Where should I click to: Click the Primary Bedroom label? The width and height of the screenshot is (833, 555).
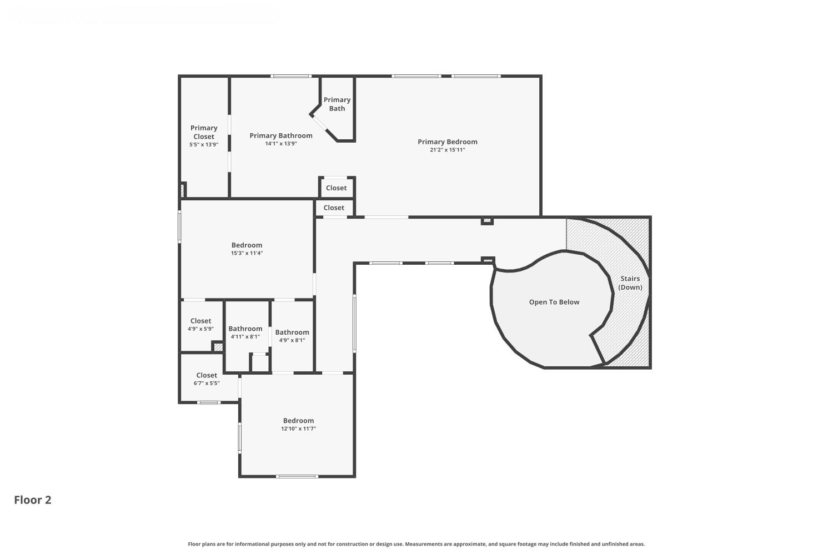(447, 142)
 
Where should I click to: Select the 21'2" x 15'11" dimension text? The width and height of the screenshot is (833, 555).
(447, 150)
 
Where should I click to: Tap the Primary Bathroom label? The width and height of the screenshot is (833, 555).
(280, 135)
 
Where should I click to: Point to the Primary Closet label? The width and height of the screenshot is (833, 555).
(204, 132)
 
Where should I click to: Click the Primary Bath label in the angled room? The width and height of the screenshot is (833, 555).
(337, 104)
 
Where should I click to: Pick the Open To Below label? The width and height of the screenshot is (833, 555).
(554, 302)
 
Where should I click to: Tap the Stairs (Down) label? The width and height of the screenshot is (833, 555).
(630, 283)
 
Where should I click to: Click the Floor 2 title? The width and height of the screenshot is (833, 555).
(33, 500)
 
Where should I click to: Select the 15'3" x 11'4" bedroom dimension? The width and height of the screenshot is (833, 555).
(247, 253)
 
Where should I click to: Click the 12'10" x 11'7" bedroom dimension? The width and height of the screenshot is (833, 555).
(298, 428)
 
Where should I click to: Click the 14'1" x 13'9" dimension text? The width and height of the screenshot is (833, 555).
(280, 144)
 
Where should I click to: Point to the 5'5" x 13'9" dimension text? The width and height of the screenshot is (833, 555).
(204, 145)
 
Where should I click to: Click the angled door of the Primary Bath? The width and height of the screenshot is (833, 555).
(319, 125)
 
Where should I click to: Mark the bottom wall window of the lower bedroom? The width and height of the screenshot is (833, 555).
(297, 476)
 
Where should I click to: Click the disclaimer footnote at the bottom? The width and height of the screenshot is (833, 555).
(416, 544)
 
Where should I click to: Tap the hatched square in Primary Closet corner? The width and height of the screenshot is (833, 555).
(182, 190)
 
